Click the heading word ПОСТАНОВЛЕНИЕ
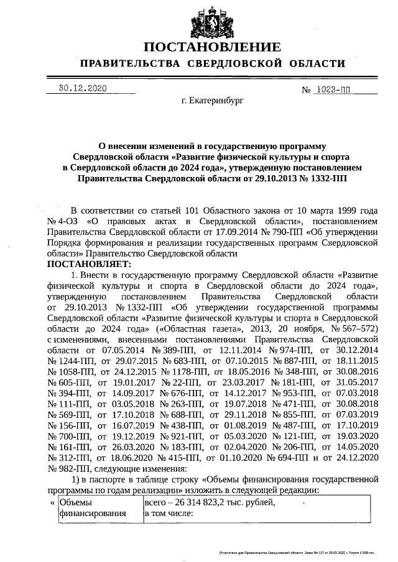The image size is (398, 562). click(212, 47)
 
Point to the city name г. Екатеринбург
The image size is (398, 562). click(212, 99)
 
